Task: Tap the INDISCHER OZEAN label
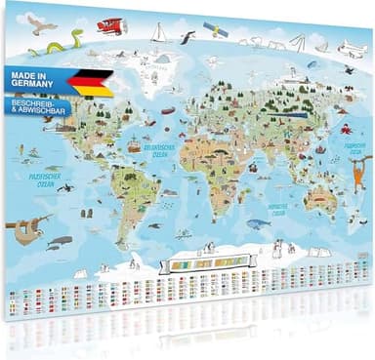tap(277, 209)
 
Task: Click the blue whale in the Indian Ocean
tap(258, 223)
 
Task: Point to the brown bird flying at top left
tap(40, 22)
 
